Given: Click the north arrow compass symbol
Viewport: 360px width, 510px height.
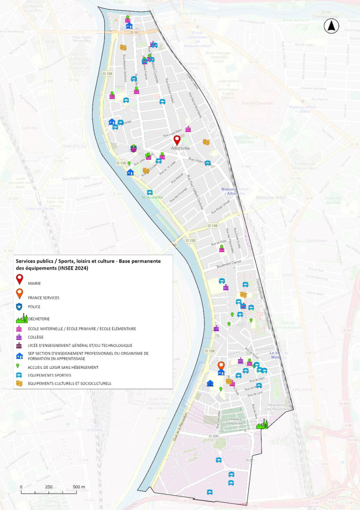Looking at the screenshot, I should tap(331, 26).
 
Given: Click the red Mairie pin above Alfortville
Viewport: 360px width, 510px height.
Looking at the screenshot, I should tap(177, 140).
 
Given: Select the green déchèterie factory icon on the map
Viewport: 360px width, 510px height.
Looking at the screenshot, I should tap(262, 424).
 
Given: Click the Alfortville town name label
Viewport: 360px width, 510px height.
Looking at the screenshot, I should tap(181, 148).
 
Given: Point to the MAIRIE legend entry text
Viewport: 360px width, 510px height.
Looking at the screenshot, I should tap(34, 283).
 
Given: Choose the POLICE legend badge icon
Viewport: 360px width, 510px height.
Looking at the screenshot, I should tap(19, 307).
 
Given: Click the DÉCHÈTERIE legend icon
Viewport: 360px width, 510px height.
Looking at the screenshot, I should tap(22, 318).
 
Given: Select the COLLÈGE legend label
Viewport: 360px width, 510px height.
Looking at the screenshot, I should tap(36, 337).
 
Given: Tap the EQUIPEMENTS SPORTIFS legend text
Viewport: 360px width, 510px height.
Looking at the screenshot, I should tap(49, 375).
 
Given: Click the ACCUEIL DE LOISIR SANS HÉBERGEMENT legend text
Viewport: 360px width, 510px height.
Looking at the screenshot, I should tap(63, 367).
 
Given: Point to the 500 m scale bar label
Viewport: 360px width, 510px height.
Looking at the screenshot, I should tap(79, 487).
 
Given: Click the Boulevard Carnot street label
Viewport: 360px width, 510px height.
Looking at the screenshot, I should tap(229, 264).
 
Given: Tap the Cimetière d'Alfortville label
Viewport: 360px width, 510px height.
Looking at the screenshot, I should tap(234, 421).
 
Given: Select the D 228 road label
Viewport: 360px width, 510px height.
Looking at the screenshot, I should tap(213, 436).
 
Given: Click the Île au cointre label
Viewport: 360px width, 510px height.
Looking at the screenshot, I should tap(152, 197).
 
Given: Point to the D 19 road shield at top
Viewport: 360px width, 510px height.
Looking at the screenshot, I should tap(134, 33).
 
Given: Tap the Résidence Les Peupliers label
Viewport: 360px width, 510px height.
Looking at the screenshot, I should tap(277, 407).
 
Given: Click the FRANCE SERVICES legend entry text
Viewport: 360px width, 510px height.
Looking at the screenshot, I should tap(43, 297).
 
